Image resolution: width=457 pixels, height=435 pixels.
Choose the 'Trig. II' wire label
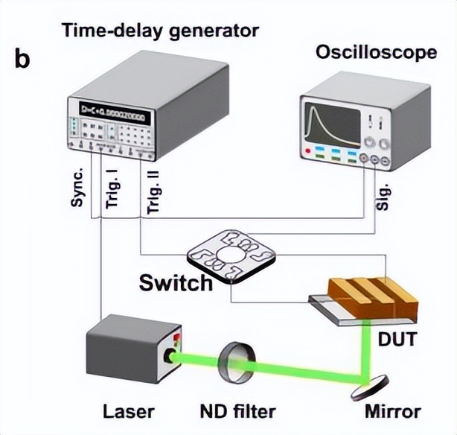point(153,193)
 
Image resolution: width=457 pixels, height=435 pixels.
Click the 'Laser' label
point(130,410)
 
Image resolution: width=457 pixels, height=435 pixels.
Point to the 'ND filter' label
point(239,410)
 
